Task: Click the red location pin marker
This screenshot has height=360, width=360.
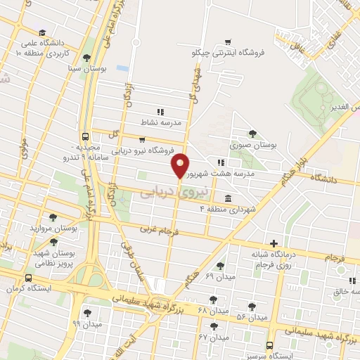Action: pyautogui.click(x=181, y=165)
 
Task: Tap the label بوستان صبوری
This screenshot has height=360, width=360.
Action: pyautogui.click(x=252, y=145)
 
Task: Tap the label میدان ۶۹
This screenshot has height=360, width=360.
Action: pyautogui.click(x=220, y=276)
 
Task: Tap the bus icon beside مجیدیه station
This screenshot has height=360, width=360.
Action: pyautogui.click(x=85, y=137)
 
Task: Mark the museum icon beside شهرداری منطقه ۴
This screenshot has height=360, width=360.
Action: pyautogui.click(x=227, y=199)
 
